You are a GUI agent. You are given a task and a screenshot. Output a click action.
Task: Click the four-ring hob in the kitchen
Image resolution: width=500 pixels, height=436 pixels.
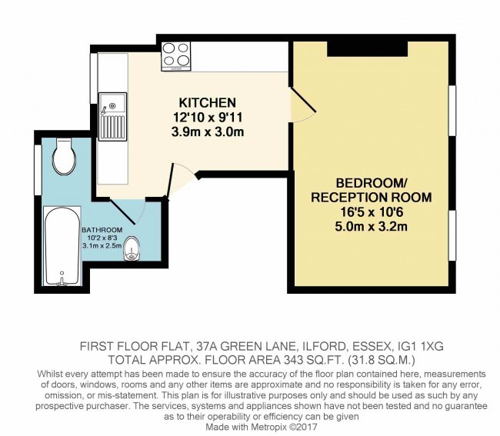[x=176, y=56]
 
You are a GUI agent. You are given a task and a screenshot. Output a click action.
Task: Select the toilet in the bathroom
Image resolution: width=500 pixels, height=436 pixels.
[x=64, y=156]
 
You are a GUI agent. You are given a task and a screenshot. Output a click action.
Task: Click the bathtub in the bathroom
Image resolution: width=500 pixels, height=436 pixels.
[x=60, y=245]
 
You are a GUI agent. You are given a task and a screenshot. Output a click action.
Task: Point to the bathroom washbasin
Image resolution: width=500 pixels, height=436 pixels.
[x=133, y=248]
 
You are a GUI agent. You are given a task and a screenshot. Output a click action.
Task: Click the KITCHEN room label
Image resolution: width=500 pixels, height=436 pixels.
[x=207, y=103]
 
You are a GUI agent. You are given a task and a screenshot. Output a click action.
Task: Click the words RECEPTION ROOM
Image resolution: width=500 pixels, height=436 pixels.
[x=371, y=198]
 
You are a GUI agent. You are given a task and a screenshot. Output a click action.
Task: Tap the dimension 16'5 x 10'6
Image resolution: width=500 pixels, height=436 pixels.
[x=371, y=211]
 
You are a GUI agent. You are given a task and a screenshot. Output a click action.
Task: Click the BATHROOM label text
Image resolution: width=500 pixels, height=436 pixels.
[x=102, y=229]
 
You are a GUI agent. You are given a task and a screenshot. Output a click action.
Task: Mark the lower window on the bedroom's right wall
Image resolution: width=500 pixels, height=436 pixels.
[x=452, y=235]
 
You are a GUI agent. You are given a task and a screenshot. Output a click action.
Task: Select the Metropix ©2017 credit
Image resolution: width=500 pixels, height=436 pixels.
[x=273, y=426]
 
